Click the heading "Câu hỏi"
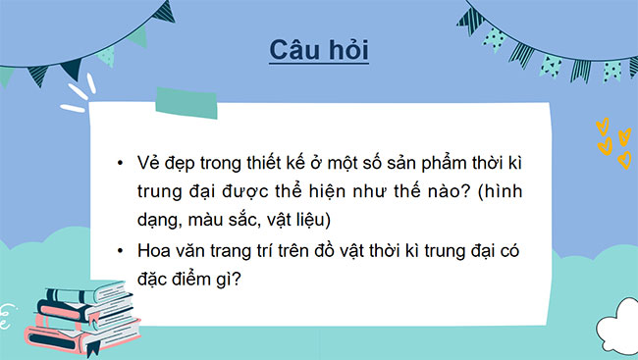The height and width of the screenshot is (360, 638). point(319,50)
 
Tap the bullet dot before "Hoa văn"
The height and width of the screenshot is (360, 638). point(120,251)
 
